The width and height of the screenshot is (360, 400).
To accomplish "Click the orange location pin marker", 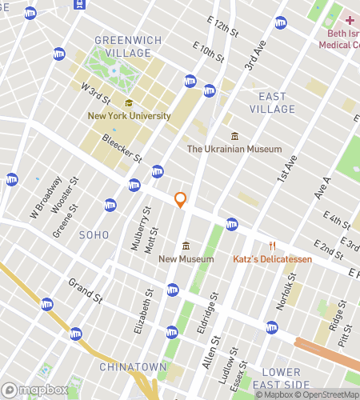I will pyautogui.click(x=181, y=200).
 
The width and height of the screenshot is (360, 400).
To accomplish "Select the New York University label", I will pyautogui.click(x=129, y=116).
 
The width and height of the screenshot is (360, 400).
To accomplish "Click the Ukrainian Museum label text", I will pyautogui.click(x=234, y=149).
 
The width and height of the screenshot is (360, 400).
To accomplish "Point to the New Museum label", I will pyautogui.click(x=186, y=258).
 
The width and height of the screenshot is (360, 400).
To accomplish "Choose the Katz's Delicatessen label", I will pyautogui.click(x=272, y=259).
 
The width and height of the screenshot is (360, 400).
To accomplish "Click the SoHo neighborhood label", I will pyautogui.click(x=94, y=234).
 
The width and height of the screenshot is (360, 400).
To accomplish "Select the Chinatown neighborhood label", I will pyautogui.click(x=133, y=366).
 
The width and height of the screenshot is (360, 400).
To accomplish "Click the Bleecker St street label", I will pyautogui.click(x=122, y=147).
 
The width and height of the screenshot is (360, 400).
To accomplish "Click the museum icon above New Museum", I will pyautogui.click(x=186, y=245).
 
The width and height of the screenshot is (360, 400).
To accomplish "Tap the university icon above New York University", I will pyautogui.click(x=129, y=102).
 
